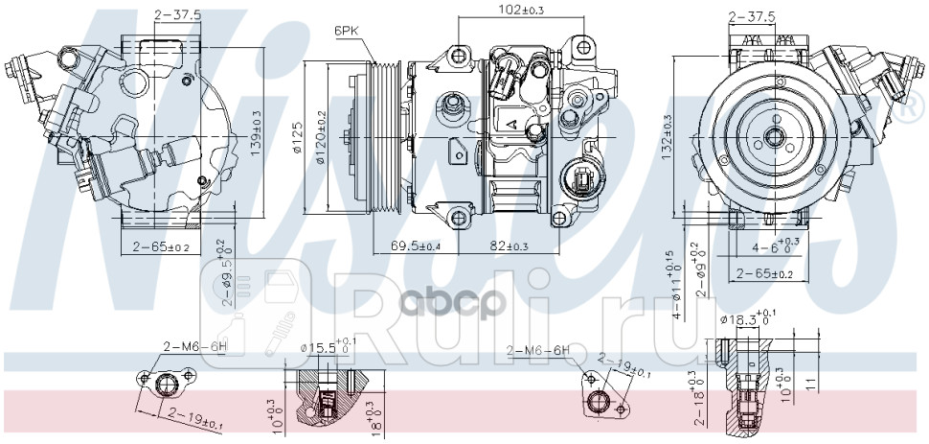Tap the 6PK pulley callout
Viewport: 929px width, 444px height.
click(x=347, y=32)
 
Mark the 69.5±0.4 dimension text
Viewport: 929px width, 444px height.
click(x=417, y=246)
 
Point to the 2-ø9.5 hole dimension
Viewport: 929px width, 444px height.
click(x=226, y=273)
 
